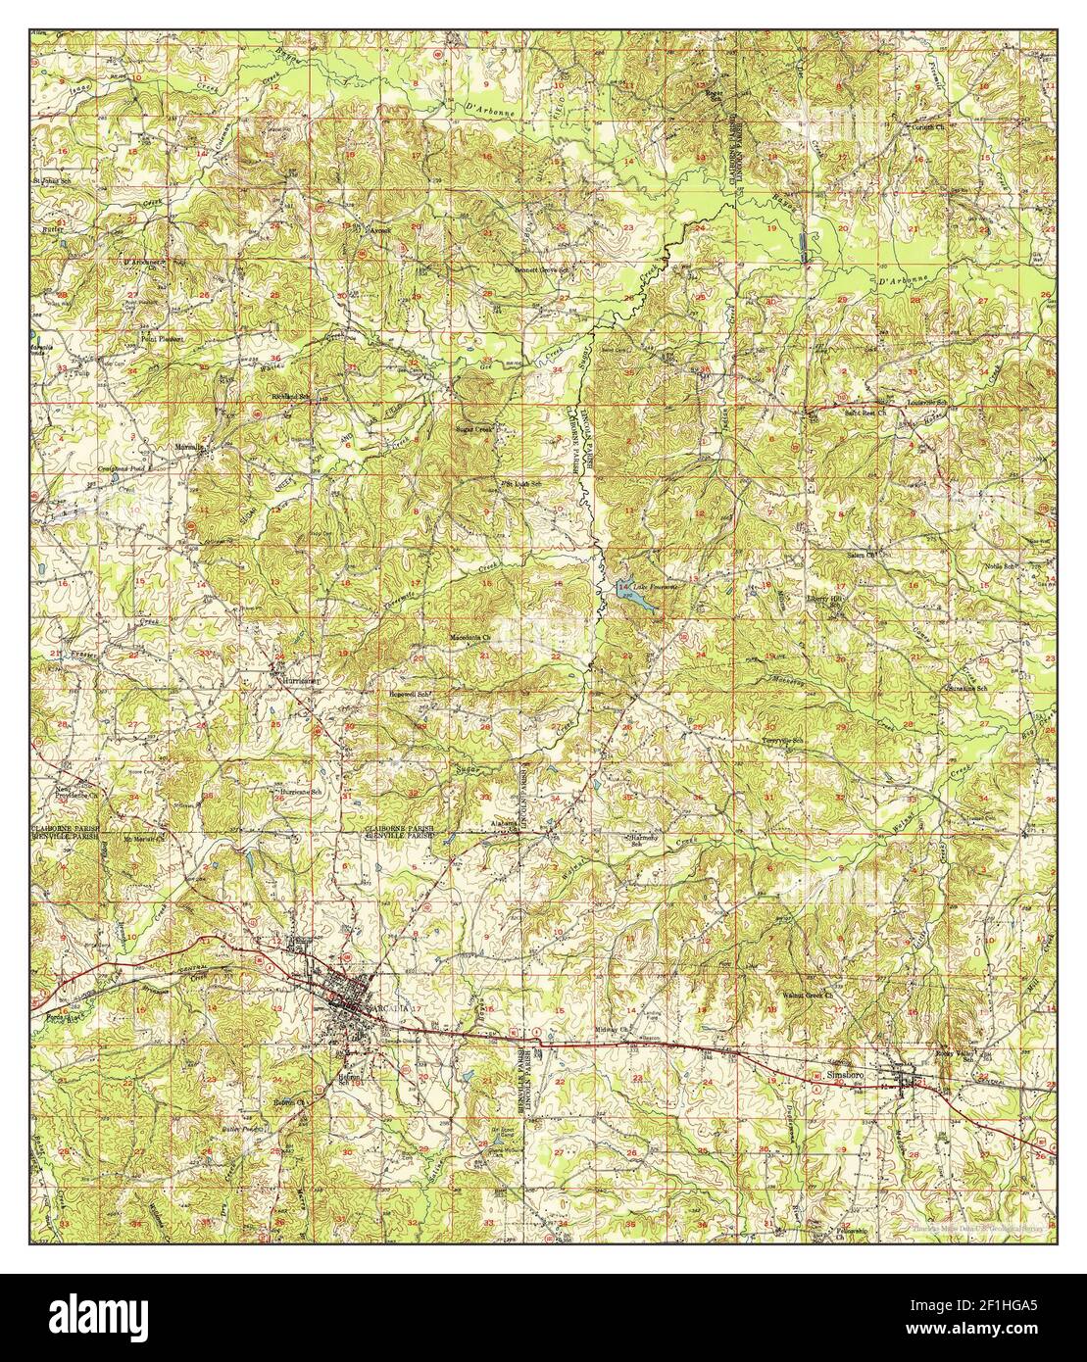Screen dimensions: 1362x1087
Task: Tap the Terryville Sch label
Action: pyautogui.click(x=783, y=740)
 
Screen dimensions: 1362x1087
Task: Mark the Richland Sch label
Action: pyautogui.click(x=290, y=397)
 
